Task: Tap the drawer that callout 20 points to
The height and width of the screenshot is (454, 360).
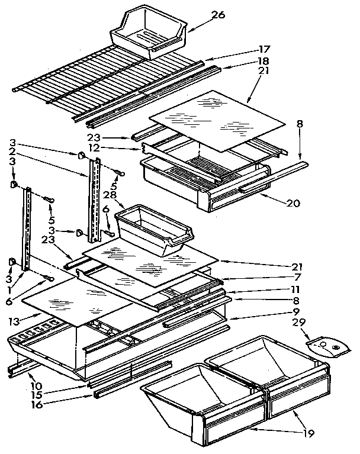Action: coord(201,178)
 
